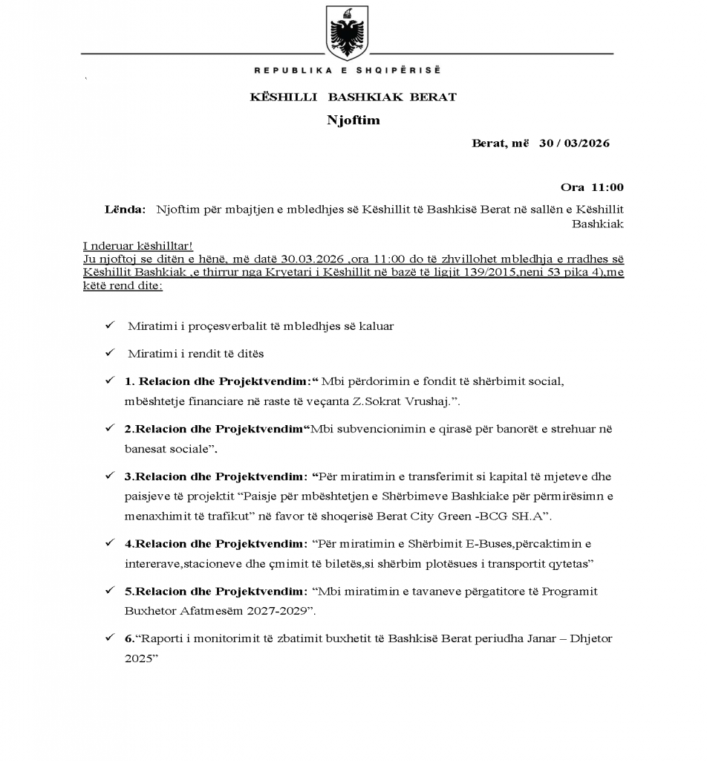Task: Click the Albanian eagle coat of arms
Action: (348, 36)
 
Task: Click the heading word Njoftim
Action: (353, 120)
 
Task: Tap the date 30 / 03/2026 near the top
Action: (574, 143)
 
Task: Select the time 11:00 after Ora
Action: (607, 187)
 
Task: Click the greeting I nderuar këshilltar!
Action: (138, 247)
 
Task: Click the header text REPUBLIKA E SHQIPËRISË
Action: (348, 71)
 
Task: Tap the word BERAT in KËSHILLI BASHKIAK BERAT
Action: (429, 97)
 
